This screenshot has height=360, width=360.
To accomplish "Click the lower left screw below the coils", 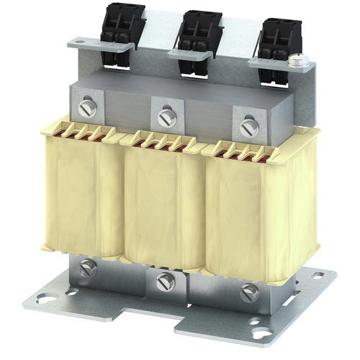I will [88, 268].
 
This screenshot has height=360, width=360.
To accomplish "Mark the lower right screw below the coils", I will [249, 292].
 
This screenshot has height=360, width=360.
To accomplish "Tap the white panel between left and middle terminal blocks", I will [151, 29].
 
